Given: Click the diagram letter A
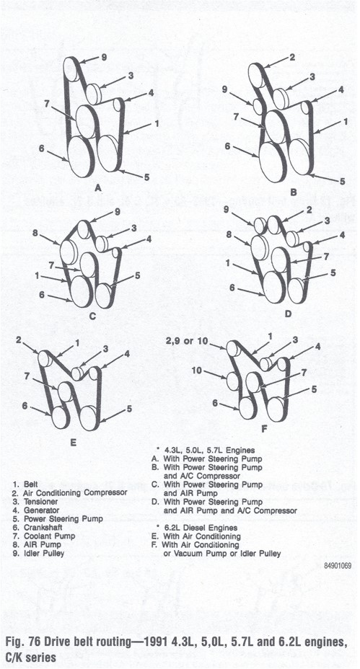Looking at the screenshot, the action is [x=98, y=187].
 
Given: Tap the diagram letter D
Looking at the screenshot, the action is [x=288, y=314].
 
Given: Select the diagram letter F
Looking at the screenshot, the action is [x=264, y=429].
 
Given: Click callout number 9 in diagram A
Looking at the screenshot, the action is [x=104, y=57].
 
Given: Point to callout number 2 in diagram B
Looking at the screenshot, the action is [x=292, y=58].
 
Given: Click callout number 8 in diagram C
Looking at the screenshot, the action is [x=35, y=233].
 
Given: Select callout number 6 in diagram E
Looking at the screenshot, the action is [x=25, y=406].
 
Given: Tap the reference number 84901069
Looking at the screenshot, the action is [x=337, y=566].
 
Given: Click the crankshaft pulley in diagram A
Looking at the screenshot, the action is [x=81, y=156].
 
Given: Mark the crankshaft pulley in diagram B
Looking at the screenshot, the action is [x=273, y=162].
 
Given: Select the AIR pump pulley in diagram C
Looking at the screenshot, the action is [x=69, y=252].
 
